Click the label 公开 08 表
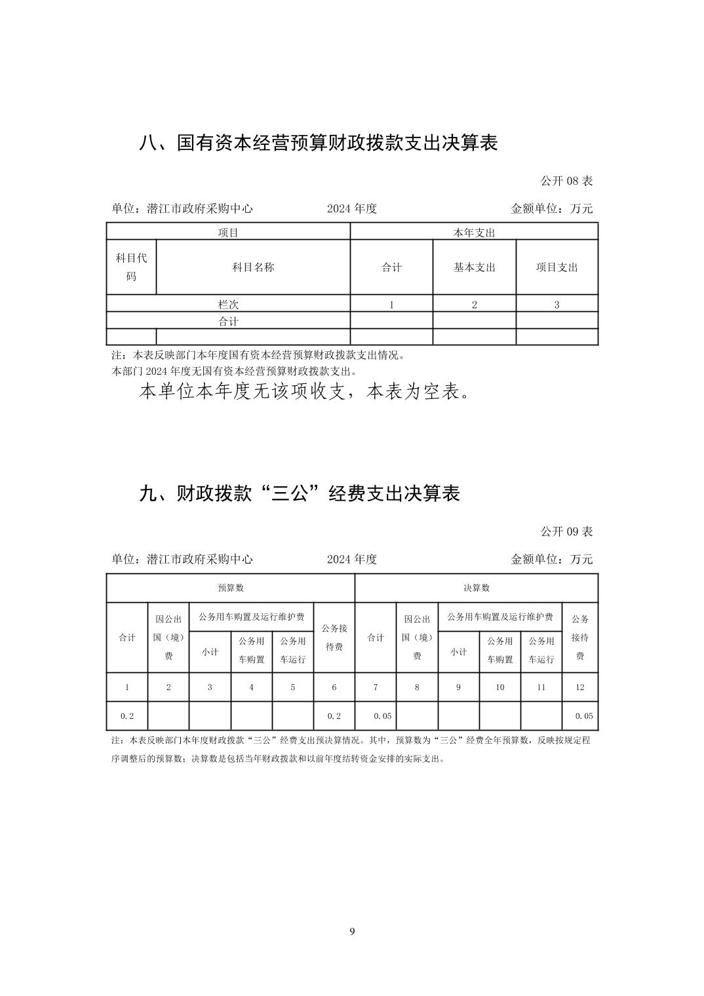coord(566,181)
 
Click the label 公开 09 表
coord(566,531)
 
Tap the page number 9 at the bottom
coord(352,931)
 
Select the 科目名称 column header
coord(253,267)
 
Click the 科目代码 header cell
coord(131,267)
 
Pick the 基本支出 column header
coord(474,267)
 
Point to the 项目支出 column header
coord(557,267)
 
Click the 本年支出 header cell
coord(474,233)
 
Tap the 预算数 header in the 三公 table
coord(230,588)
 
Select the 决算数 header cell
coord(476,588)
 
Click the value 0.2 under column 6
coord(334,716)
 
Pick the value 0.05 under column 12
coord(583,716)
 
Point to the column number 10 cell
coord(499,687)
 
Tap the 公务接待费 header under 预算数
coord(334,637)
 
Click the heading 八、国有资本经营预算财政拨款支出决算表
coord(319,143)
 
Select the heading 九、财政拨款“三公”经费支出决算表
coord(300,493)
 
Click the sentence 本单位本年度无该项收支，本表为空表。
coord(305,393)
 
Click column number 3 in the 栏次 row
coord(557,305)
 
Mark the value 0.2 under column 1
coord(127,716)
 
